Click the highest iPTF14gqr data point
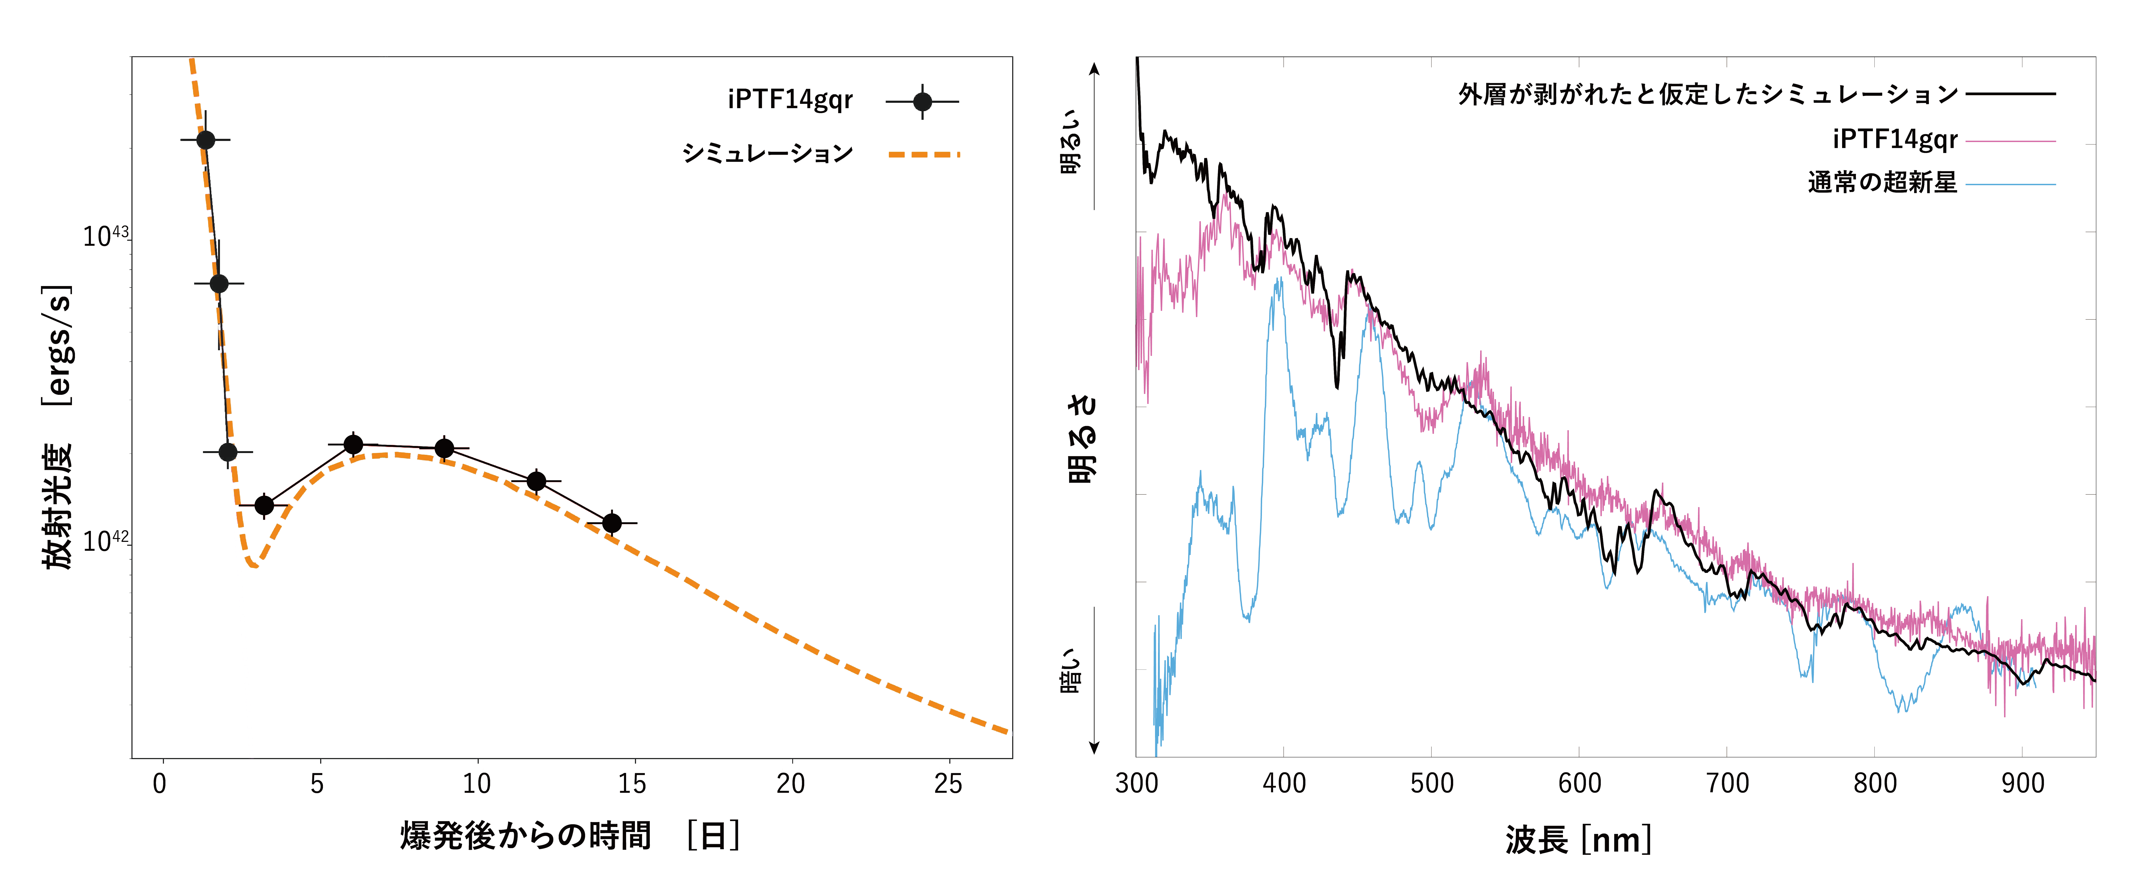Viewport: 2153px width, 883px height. [x=206, y=140]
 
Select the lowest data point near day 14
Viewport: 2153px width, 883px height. [x=612, y=523]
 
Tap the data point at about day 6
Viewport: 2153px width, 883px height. [x=354, y=444]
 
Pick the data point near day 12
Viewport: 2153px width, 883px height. [x=537, y=481]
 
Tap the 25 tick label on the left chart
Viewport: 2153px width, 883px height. [x=948, y=784]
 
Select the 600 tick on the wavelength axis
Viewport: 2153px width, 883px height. [x=1580, y=784]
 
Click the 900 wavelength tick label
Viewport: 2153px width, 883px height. [x=2023, y=784]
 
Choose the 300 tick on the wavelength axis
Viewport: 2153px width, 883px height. [x=1137, y=784]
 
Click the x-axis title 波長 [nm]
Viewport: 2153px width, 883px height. [x=1578, y=839]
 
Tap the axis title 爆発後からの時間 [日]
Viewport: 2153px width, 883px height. [x=570, y=835]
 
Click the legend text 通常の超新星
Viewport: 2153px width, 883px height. [x=1882, y=182]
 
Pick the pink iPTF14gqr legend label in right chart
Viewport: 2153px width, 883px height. [x=1895, y=139]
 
